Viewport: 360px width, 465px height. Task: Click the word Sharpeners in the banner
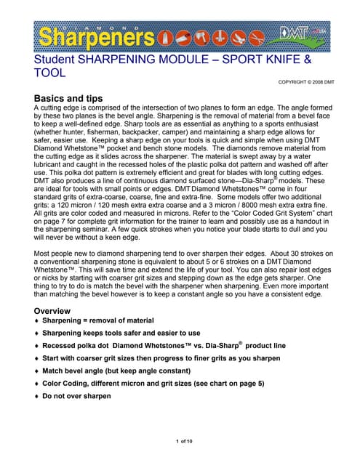coord(95,37)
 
